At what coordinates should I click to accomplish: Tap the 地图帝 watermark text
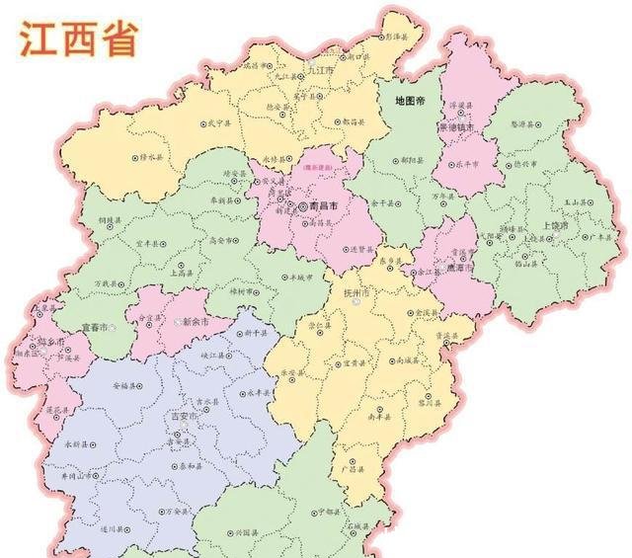coord(408,101)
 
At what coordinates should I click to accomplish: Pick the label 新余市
coord(192,322)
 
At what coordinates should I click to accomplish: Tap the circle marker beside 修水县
coord(135,156)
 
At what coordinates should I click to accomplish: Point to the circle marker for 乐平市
coord(457,166)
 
